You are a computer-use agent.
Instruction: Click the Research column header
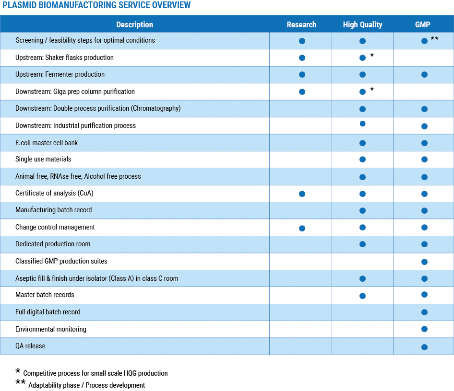pos(301,24)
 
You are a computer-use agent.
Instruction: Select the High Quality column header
pos(362,24)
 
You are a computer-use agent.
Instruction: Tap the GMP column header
pos(422,24)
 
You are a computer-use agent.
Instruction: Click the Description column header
pos(135,24)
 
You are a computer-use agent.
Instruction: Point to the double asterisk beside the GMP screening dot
pos(434,38)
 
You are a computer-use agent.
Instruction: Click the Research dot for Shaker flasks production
pos(302,58)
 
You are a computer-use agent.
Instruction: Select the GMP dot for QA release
pos(424,347)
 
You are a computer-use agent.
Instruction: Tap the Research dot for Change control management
pos(302,228)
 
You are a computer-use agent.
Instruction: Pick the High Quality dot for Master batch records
pos(362,296)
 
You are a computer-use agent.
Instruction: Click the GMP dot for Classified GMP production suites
pos(424,262)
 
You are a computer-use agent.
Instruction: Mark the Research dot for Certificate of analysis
pos(302,194)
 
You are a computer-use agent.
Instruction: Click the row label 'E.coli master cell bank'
pos(47,143)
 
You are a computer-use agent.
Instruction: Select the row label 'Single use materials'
pos(43,159)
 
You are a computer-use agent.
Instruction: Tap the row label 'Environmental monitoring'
pos(51,329)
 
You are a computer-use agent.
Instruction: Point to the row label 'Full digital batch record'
pos(48,312)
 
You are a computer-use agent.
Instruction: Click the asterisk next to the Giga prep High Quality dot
pos(372,90)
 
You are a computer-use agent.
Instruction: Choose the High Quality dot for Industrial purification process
pos(362,124)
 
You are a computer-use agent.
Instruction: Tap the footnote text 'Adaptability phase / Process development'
pos(86,385)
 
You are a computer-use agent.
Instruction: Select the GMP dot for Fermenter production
pos(424,75)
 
